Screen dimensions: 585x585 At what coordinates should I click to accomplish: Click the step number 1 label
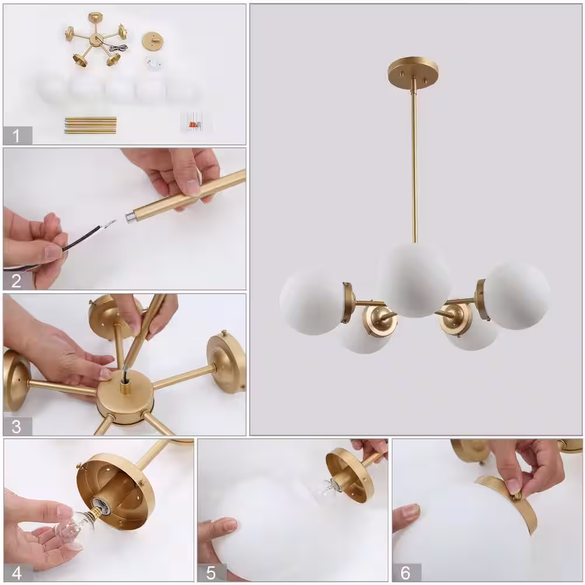(x=16, y=136)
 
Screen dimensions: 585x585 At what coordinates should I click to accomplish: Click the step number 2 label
(x=16, y=281)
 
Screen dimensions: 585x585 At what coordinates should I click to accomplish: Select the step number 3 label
(x=16, y=427)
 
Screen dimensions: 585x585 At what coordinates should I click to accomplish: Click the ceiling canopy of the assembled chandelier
(x=413, y=71)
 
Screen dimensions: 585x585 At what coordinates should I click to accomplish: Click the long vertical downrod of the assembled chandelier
(x=414, y=164)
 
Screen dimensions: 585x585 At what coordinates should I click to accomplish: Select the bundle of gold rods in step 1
(x=91, y=125)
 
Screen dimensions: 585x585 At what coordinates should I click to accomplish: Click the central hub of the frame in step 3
(x=125, y=402)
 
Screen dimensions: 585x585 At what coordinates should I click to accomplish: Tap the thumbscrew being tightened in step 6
(x=517, y=495)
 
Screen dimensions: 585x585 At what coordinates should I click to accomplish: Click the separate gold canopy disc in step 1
(x=152, y=42)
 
